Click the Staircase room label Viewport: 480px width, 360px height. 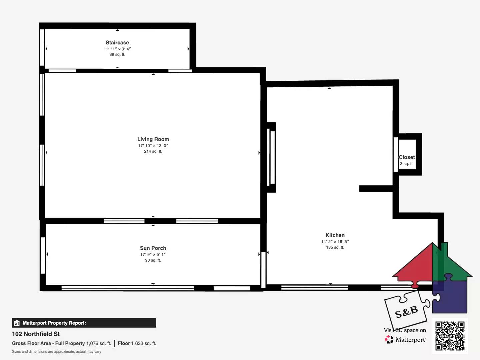117,43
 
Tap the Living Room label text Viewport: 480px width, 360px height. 153,139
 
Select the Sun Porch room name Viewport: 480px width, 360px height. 153,248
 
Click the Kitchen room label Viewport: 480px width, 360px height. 335,235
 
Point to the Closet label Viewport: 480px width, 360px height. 407,157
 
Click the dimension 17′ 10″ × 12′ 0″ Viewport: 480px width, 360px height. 153,146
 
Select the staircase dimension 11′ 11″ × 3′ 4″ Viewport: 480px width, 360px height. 117,49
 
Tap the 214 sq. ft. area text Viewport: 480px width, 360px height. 153,151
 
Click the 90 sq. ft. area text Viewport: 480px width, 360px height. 153,260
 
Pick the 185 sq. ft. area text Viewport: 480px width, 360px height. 335,247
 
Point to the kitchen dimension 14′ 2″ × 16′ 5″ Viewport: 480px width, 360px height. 335,242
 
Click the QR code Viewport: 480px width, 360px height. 450,336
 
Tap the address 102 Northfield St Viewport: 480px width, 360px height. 36,334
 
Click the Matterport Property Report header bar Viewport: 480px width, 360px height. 84,323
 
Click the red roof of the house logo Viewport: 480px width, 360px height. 415,267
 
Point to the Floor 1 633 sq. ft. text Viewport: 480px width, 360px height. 137,343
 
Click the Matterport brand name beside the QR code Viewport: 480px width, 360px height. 410,340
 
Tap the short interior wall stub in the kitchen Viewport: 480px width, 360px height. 376,189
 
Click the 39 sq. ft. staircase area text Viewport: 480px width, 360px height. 117,55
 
